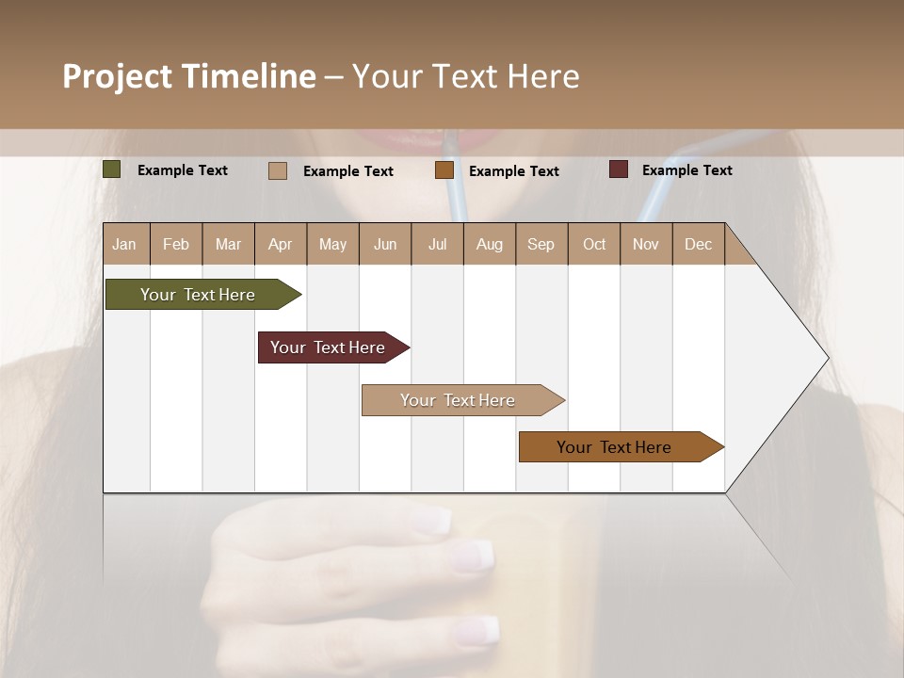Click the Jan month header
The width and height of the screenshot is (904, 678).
tap(124, 244)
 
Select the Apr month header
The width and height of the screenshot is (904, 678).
tap(280, 244)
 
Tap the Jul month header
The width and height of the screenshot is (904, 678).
tap(437, 244)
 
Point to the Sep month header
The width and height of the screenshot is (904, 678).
tap(541, 244)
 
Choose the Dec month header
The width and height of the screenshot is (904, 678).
tap(698, 244)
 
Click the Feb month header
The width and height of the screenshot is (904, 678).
tap(176, 244)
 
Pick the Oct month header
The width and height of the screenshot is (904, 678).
tap(594, 244)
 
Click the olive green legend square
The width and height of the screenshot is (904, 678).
tap(112, 169)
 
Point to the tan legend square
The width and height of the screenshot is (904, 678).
tap(278, 170)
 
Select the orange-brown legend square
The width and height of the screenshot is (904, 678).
tap(444, 170)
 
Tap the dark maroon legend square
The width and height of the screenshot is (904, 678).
tap(619, 169)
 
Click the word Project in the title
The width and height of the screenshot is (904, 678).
tap(117, 76)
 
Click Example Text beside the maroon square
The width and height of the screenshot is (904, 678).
tap(686, 170)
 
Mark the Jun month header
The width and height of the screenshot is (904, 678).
tap(385, 244)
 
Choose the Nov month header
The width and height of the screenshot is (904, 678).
tap(646, 244)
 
